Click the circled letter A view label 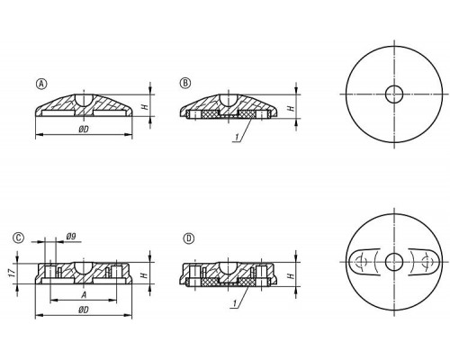click(41, 84)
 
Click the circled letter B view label click(185, 83)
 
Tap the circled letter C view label click(18, 238)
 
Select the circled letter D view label click(189, 238)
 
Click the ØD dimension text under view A click(84, 130)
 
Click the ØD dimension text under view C click(84, 310)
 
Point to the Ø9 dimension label click(71, 237)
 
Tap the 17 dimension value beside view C click(13, 273)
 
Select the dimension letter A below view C click(84, 295)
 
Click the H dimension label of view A click(145, 106)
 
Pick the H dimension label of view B click(291, 107)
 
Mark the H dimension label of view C click(145, 274)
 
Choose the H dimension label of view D click(291, 275)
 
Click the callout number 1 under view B click(237, 138)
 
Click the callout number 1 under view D click(236, 304)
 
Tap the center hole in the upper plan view click(394, 94)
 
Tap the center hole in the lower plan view click(394, 262)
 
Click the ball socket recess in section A click(84, 100)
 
